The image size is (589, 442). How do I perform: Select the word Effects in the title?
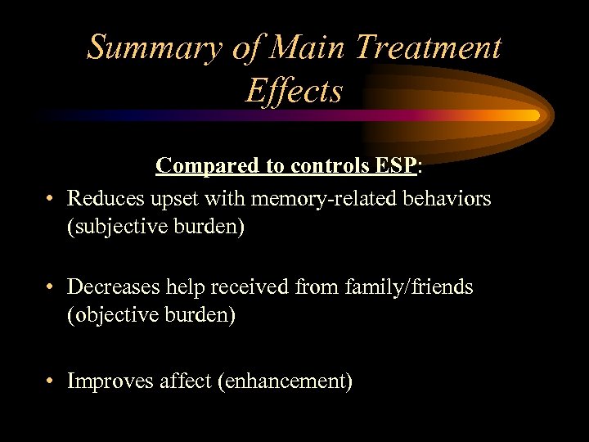(294, 91)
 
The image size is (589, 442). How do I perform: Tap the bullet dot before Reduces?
(51, 199)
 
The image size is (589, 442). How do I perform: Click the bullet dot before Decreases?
(51, 287)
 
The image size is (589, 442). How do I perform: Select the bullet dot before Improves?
(51, 381)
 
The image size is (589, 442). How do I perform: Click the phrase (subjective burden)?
(155, 227)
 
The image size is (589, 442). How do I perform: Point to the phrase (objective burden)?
(151, 315)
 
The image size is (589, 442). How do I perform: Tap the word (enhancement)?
(285, 381)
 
